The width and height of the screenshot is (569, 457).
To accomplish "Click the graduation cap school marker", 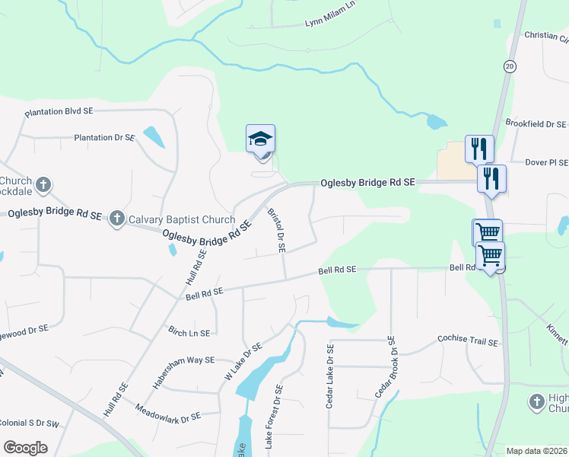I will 260,140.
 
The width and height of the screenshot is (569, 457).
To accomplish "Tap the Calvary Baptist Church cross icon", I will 116,219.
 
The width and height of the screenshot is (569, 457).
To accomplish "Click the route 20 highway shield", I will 510,66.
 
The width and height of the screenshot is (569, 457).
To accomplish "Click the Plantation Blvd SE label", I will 59,112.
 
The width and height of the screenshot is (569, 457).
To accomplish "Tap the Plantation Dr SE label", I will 104,138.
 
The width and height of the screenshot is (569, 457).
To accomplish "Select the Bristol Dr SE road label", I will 275,229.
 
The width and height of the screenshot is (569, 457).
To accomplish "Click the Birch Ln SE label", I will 189,333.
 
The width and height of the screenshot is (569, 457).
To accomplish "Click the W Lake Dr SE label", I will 243,361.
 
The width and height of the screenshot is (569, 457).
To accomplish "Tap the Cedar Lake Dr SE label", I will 330,376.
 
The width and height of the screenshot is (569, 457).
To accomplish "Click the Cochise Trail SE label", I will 467,341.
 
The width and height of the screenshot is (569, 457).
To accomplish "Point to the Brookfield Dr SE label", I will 536,124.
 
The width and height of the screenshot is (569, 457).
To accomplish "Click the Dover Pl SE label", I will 547,162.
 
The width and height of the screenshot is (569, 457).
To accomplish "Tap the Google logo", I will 26,448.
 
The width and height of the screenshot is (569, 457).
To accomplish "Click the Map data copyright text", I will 537,451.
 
